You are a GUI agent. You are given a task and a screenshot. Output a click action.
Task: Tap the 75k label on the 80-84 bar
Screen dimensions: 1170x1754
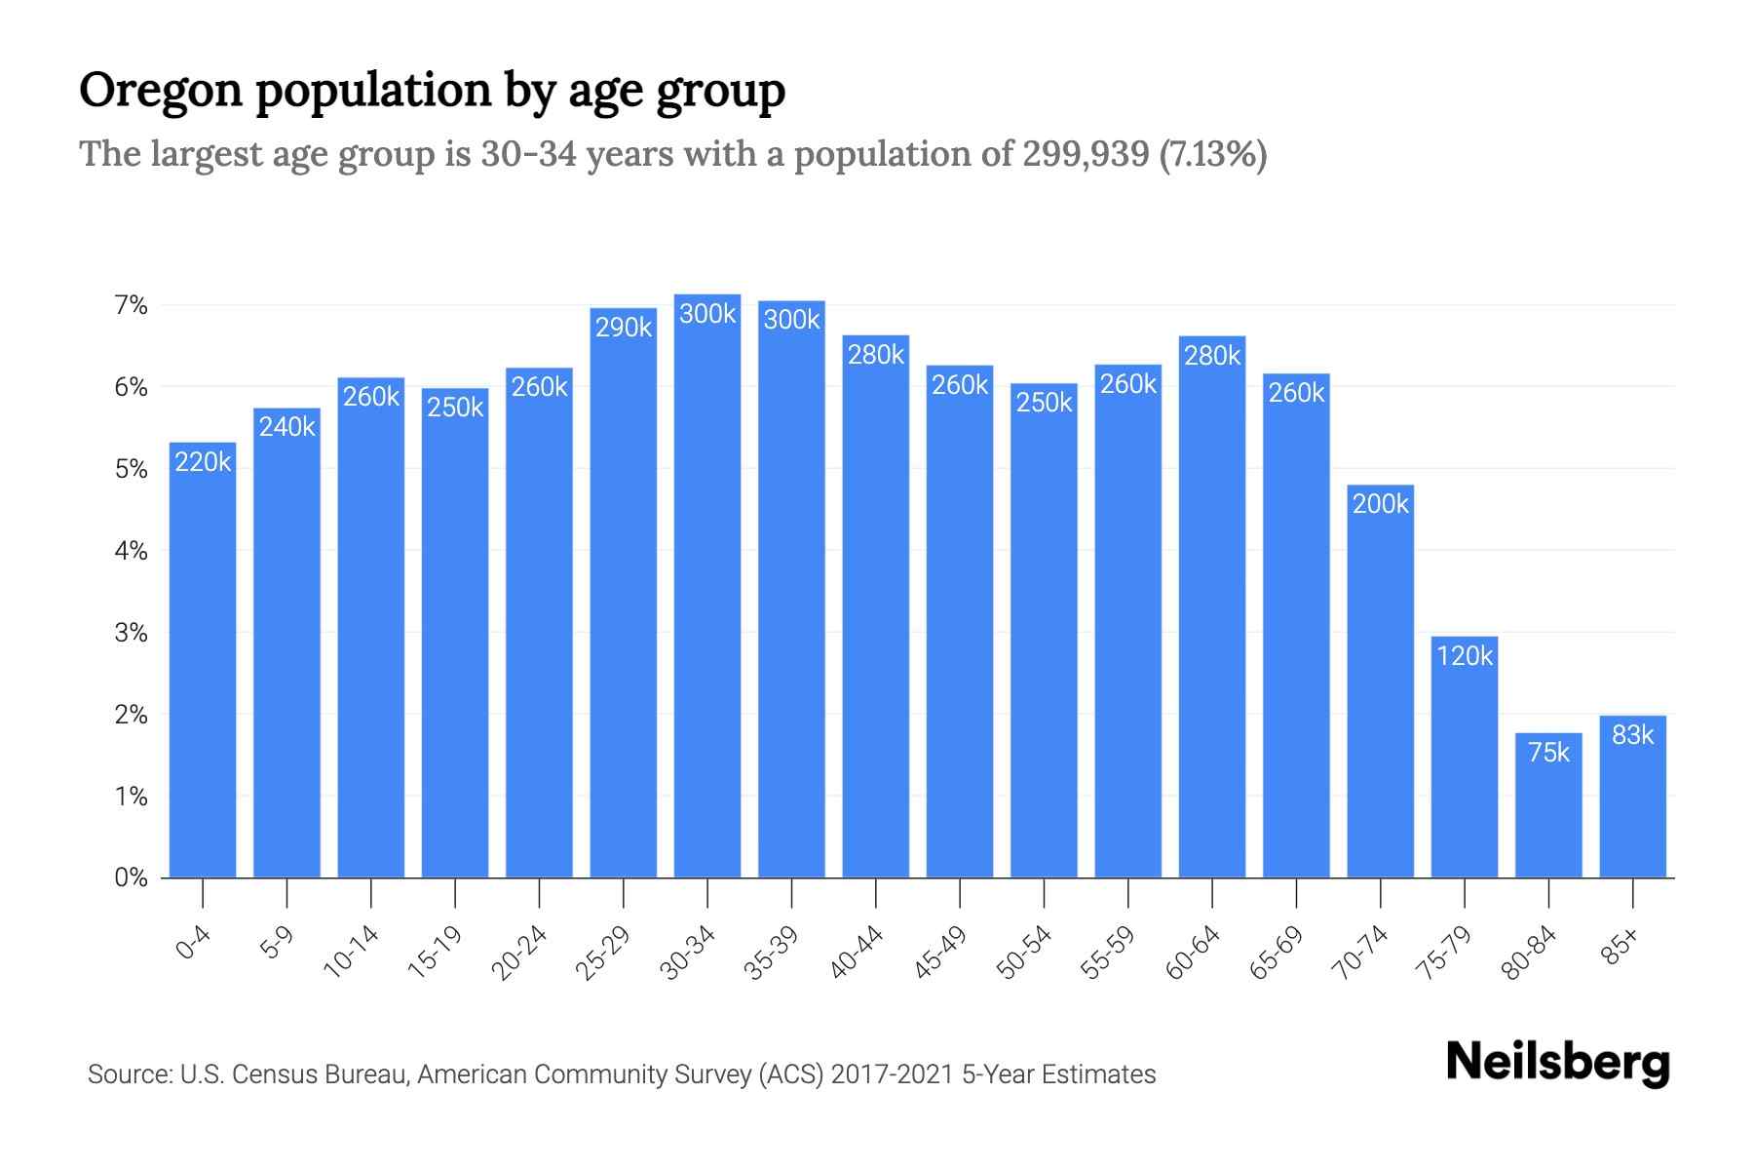pos(1548,753)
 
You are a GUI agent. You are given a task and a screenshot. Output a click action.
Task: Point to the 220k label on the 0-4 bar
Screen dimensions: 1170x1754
pos(203,462)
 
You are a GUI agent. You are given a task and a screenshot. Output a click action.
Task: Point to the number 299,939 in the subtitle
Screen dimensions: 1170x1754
pos(1086,154)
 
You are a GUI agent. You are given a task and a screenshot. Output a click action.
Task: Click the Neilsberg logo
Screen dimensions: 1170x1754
pos(1557,1063)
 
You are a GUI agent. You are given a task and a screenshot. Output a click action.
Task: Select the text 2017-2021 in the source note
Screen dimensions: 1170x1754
pos(892,1074)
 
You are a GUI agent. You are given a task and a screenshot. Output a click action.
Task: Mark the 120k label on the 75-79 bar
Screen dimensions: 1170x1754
pos(1465,656)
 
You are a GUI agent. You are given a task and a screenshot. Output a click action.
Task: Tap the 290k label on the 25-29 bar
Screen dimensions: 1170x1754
pos(624,328)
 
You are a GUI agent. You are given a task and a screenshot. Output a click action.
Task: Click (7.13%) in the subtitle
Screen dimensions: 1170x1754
pos(1213,154)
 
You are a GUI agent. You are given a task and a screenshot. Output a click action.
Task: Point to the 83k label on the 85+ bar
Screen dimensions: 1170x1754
pos(1632,735)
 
